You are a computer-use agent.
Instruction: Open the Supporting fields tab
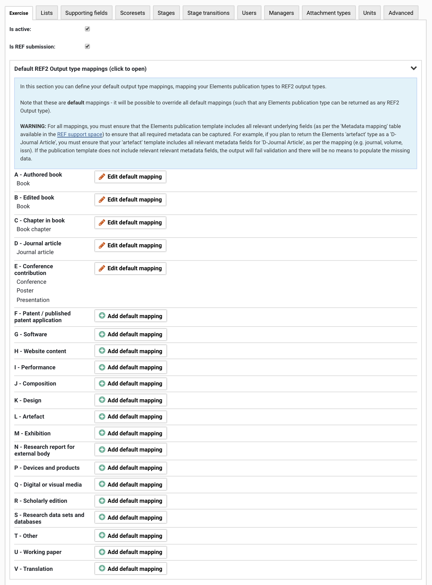click(x=86, y=13)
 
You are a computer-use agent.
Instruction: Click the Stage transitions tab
click(x=208, y=13)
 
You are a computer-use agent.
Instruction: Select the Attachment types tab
click(x=328, y=13)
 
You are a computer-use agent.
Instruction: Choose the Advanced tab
click(x=401, y=13)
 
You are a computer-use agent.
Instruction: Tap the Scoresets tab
click(x=132, y=13)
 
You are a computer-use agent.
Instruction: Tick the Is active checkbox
click(x=87, y=29)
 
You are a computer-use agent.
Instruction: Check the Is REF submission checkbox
click(x=87, y=47)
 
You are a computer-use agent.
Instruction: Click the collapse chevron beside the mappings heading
click(x=413, y=68)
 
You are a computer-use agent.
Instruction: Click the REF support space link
click(x=80, y=134)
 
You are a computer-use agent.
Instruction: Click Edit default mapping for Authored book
click(x=130, y=177)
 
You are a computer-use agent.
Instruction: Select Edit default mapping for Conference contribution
click(x=130, y=269)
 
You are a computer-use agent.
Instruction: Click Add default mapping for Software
click(x=131, y=335)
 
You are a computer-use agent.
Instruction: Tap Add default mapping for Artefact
click(x=131, y=417)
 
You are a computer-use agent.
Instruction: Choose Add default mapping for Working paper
click(x=131, y=552)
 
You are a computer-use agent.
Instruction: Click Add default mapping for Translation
click(x=131, y=569)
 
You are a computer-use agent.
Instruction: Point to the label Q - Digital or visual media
click(x=48, y=485)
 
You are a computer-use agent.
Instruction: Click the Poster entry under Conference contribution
click(x=25, y=291)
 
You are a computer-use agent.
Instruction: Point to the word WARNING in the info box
click(x=33, y=126)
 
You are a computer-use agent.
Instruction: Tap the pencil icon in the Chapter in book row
click(x=102, y=223)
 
